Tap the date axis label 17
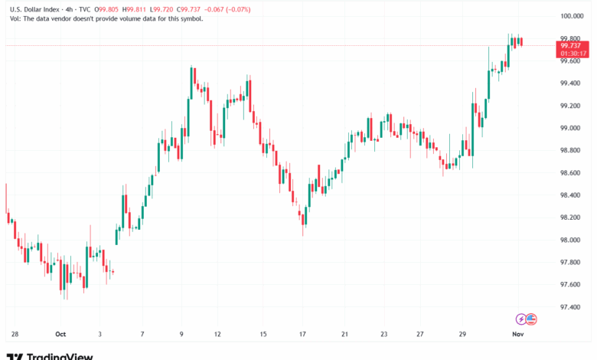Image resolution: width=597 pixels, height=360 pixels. [303, 334]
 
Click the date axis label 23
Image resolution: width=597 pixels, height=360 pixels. [383, 334]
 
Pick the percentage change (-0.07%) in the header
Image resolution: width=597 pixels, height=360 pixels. [257, 8]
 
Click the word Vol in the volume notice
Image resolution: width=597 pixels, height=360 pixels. [13, 18]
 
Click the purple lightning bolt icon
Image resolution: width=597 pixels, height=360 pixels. [521, 319]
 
